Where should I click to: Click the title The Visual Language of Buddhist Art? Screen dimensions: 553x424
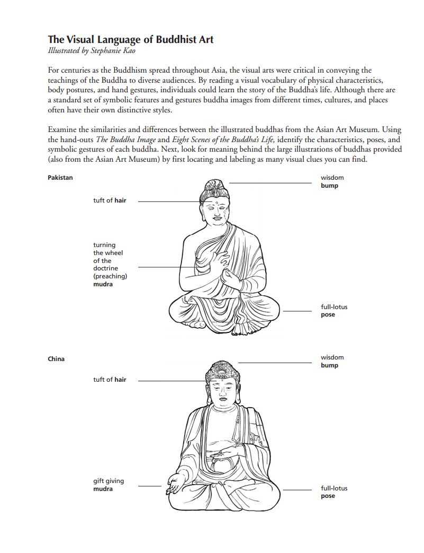[131, 39]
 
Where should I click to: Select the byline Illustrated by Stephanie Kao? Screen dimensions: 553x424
[91, 51]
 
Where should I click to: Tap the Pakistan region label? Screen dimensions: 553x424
[60, 178]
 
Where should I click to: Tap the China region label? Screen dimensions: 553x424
[56, 359]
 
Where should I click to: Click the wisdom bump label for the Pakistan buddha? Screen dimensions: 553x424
[332, 182]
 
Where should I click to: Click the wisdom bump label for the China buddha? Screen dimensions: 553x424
[332, 362]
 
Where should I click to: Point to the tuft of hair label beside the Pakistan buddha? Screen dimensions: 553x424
[110, 201]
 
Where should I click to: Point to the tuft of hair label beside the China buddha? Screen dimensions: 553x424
[110, 380]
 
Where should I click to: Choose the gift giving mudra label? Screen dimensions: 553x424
[109, 485]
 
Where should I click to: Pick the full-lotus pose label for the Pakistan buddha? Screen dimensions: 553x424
[334, 311]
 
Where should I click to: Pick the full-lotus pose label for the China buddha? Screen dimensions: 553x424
[334, 492]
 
